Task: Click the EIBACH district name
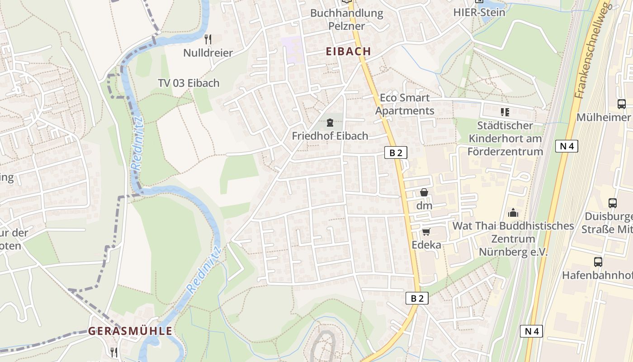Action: point(348,52)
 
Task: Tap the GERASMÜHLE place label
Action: point(130,331)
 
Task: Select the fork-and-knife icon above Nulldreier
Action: point(208,39)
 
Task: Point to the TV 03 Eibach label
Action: point(189,83)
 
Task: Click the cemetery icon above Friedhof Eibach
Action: point(330,122)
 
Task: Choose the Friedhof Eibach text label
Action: point(330,136)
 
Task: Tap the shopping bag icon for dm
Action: point(424,193)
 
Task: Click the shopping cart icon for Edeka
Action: point(425,232)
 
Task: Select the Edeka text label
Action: point(426,245)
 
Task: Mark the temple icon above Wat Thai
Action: point(513,212)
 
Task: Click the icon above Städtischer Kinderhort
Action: point(505,112)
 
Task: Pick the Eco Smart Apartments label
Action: point(404,104)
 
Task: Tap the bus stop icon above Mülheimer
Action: point(622,104)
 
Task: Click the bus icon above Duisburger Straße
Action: point(613,203)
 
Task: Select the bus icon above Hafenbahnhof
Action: point(598,262)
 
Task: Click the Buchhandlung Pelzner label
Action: point(346,19)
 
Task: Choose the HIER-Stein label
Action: point(479,12)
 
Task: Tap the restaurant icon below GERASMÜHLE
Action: point(114,352)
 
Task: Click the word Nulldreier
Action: point(208,53)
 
